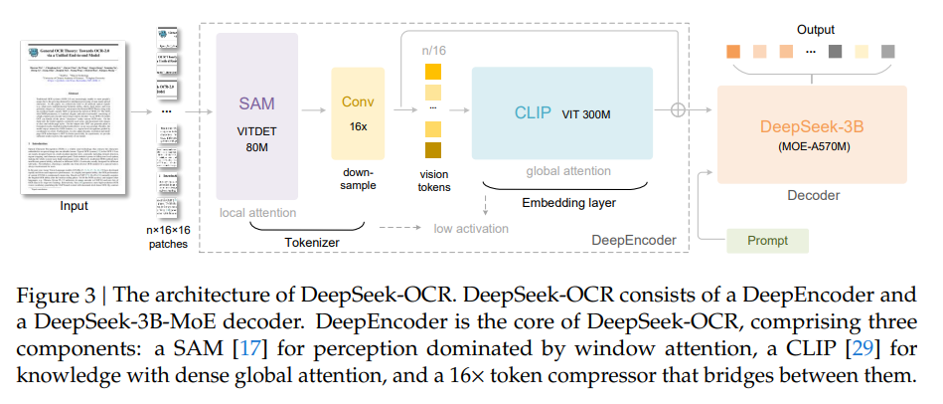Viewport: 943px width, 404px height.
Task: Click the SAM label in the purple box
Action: pyautogui.click(x=257, y=103)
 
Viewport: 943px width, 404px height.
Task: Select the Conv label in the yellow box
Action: pyautogui.click(x=358, y=102)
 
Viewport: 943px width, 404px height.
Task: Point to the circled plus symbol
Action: pyautogui.click(x=680, y=111)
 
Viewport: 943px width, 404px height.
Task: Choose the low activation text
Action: pyautogui.click(x=470, y=229)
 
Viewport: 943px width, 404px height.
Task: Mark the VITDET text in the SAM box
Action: pyautogui.click(x=257, y=130)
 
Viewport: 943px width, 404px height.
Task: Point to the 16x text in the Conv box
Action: pyautogui.click(x=357, y=126)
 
